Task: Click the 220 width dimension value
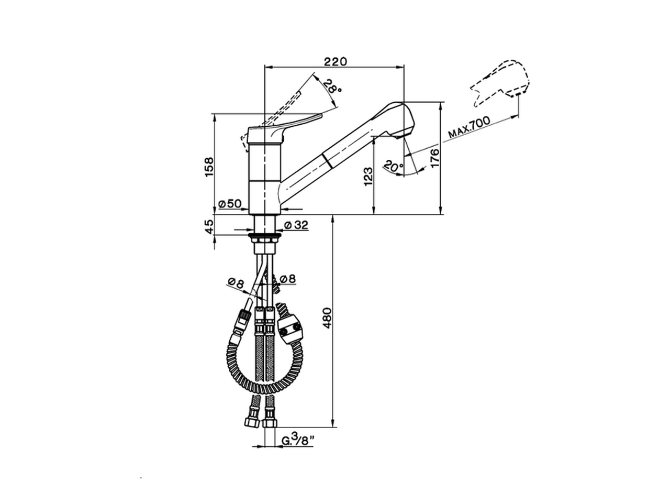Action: (x=335, y=62)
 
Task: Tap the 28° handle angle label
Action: (x=332, y=88)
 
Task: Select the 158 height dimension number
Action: (x=209, y=167)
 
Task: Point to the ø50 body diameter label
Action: (x=230, y=204)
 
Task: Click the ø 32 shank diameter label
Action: (x=296, y=225)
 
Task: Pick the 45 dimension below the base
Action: (x=209, y=226)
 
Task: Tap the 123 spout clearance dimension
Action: (x=368, y=176)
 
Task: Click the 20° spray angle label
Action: (x=393, y=167)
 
